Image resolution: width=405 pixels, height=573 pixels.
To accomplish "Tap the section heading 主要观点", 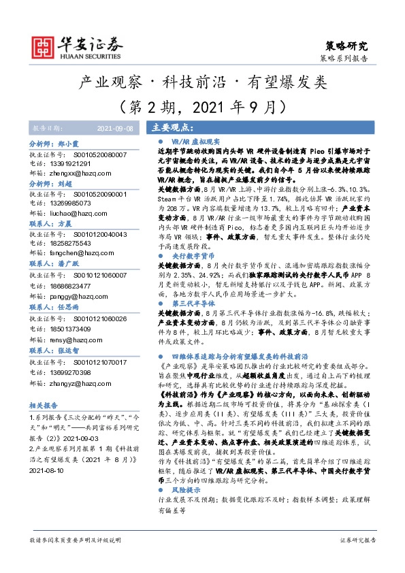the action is click(169, 127).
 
